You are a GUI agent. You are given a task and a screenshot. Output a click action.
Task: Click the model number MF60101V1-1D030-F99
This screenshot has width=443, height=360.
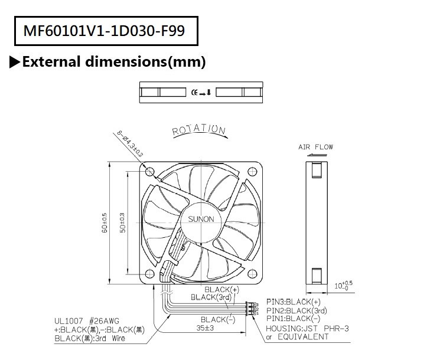tap(104, 31)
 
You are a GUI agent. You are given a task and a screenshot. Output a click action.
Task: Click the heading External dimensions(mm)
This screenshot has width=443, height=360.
tap(114, 61)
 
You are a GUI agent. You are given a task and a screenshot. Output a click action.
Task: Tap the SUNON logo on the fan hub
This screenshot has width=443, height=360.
tap(201, 219)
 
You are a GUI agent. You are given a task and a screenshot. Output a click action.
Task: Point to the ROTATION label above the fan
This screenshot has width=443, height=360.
tap(198, 130)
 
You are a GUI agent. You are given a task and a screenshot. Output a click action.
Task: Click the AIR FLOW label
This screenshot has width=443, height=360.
tap(315, 147)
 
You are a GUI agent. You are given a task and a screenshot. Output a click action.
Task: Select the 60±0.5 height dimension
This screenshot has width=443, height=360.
tap(105, 222)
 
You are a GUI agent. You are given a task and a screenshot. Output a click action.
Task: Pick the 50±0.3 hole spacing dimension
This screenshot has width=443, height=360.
tap(123, 222)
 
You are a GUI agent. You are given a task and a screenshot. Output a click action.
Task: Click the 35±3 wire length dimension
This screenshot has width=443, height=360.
tap(205, 328)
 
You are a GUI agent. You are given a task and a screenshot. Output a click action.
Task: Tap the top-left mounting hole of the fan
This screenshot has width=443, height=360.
tap(150, 171)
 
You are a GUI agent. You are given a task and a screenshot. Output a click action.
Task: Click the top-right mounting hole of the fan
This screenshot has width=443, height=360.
tap(252, 171)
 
